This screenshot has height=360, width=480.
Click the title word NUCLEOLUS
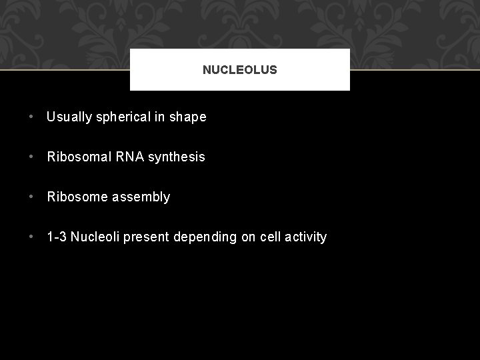(x=239, y=69)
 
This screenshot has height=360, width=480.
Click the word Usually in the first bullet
(x=70, y=117)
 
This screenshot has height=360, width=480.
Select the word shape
(x=188, y=117)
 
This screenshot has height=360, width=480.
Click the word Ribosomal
(x=77, y=157)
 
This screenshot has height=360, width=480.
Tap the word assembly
(x=141, y=197)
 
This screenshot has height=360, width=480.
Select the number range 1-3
(x=57, y=237)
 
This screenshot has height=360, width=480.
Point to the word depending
(x=203, y=237)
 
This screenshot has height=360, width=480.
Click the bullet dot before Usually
(x=32, y=117)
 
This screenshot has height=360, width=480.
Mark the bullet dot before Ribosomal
(x=32, y=157)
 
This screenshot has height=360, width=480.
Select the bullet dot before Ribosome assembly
(x=32, y=197)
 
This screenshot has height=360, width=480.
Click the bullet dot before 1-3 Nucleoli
(x=32, y=237)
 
